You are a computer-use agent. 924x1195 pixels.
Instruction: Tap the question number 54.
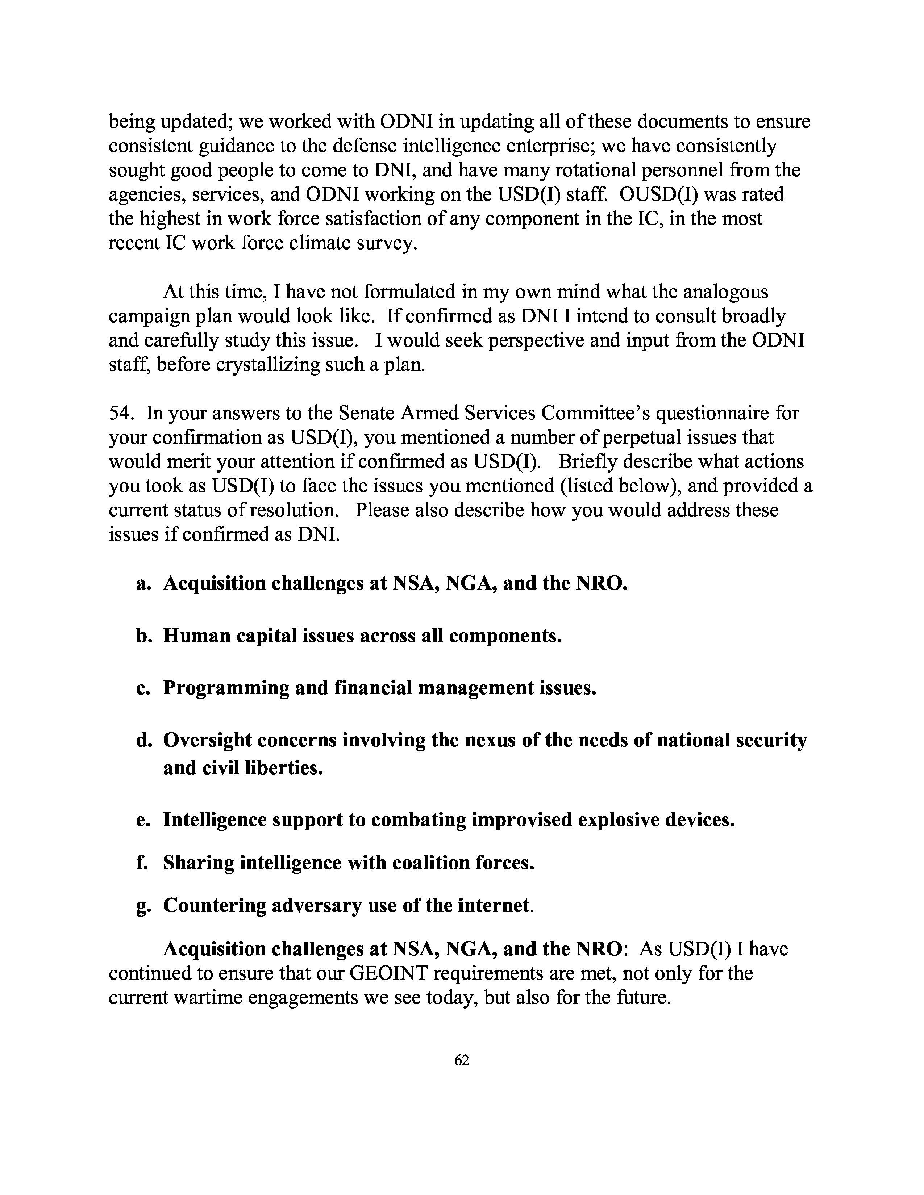pyautogui.click(x=121, y=413)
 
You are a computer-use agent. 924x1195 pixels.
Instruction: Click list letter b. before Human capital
pyautogui.click(x=143, y=636)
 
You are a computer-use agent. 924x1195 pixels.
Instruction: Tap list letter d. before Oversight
pyautogui.click(x=143, y=740)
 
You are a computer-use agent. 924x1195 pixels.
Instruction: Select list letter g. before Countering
pyautogui.click(x=143, y=906)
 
